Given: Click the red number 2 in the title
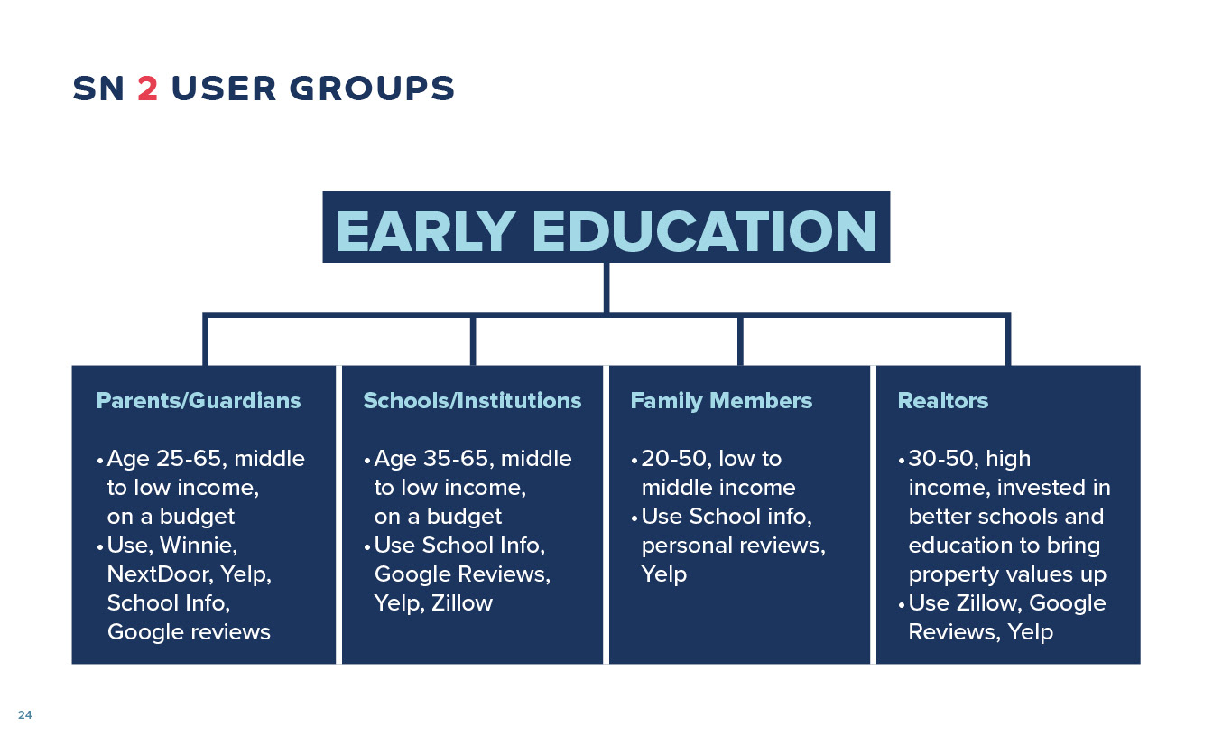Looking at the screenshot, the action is (147, 89).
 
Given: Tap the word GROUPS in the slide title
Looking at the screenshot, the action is (372, 89).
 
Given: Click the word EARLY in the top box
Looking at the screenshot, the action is (425, 231).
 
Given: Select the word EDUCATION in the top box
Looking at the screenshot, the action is (704, 231).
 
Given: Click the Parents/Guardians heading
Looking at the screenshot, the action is (199, 401).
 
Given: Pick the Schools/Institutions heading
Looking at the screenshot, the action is (472, 401).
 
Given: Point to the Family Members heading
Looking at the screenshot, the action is (721, 401).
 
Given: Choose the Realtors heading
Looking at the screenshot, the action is (943, 401).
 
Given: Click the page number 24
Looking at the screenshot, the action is (25, 714).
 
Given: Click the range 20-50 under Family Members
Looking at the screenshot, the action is (674, 459).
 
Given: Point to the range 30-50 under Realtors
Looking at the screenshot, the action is (941, 459).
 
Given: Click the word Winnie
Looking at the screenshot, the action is (199, 546).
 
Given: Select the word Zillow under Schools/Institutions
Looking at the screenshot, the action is (462, 603).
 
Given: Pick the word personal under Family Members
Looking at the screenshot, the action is (683, 546).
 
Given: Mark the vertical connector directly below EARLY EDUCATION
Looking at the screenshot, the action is (606, 287).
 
